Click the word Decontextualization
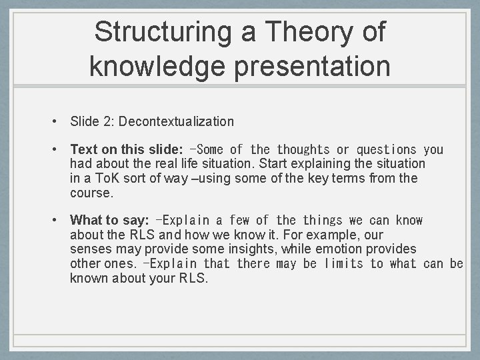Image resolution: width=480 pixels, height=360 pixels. [177, 121]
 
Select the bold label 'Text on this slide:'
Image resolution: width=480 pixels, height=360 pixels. [127, 150]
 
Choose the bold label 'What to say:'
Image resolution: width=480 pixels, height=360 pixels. [109, 220]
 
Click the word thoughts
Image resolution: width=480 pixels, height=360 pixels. [303, 150]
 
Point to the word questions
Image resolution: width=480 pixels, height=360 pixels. [386, 150]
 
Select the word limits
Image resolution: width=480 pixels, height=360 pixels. [343, 263]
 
